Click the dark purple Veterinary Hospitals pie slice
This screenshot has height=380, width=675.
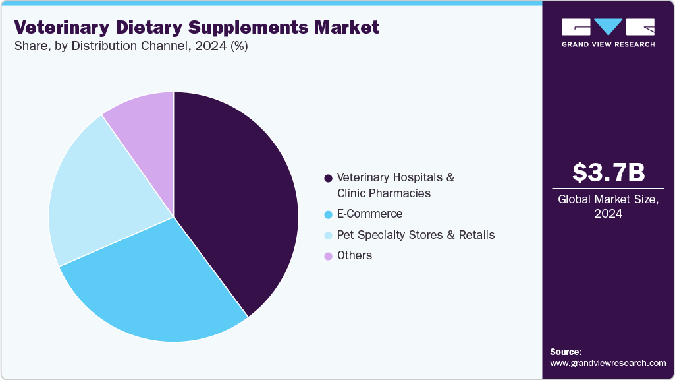click(x=237, y=198)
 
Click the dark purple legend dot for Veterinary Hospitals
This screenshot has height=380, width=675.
click(x=327, y=178)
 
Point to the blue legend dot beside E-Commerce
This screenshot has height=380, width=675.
click(x=327, y=214)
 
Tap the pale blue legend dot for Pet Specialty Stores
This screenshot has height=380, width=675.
click(x=327, y=236)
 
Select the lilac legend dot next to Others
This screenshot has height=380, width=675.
click(x=327, y=256)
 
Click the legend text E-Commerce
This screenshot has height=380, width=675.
click(x=369, y=214)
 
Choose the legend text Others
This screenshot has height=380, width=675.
click(x=354, y=255)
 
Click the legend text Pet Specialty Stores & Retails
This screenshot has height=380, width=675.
click(x=416, y=235)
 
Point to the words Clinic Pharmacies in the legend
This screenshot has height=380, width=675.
click(x=383, y=193)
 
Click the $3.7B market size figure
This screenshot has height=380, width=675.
click(x=608, y=172)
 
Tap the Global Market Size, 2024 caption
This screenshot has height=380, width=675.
click(x=608, y=206)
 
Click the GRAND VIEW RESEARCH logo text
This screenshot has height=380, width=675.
click(x=608, y=44)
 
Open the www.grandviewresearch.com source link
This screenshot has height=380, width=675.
click(x=608, y=364)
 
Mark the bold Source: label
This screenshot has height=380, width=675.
click(x=566, y=352)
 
